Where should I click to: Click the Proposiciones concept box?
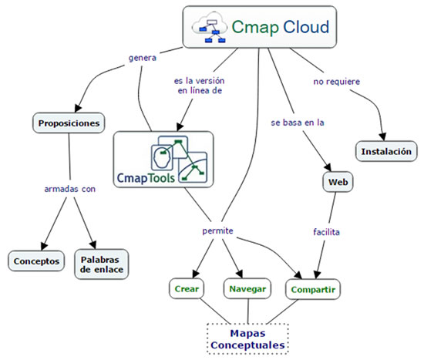[x=69, y=122]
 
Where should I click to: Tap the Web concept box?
[x=336, y=182]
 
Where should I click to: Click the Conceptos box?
[x=36, y=261]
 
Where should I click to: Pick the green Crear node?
[x=187, y=289]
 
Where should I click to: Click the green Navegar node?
[x=247, y=289]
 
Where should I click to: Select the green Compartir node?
[x=313, y=290]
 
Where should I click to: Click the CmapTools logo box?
[x=163, y=159]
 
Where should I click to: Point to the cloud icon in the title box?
[x=211, y=28]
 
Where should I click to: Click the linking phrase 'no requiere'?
[x=336, y=81]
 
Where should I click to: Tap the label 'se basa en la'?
[x=296, y=123]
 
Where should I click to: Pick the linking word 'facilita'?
[x=327, y=230]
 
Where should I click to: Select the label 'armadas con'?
[x=70, y=187]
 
